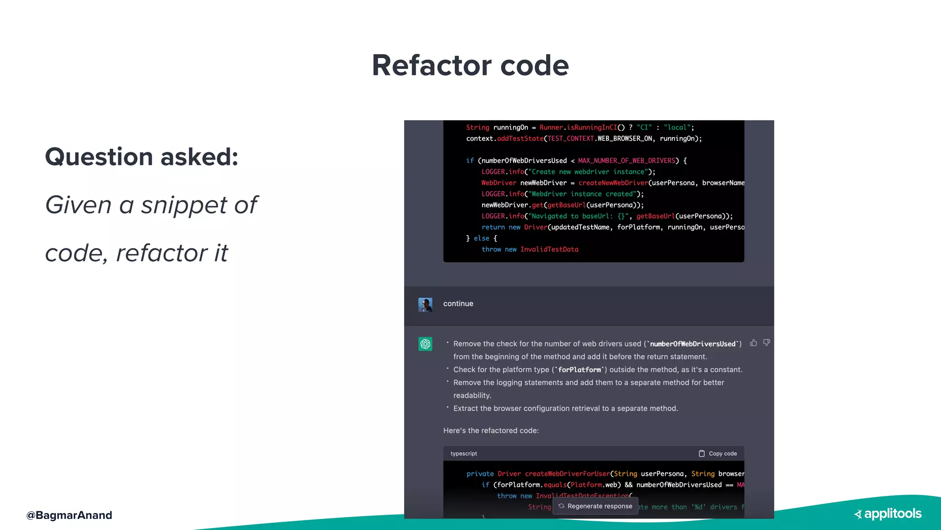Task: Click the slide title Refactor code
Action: coord(470,65)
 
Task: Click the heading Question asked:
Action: coord(142,157)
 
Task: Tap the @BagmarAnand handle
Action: coord(69,515)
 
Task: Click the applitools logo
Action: coord(888,514)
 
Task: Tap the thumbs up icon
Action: coord(754,343)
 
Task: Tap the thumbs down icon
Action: coord(766,343)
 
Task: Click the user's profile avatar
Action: coord(425,305)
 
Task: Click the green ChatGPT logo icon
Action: coord(425,344)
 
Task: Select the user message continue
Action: coord(458,304)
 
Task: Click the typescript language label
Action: coord(464,454)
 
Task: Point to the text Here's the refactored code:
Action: coord(491,431)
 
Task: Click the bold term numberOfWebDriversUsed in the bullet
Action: coord(692,344)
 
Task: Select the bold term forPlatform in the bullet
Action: coord(579,370)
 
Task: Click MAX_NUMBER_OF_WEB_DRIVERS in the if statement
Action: coord(626,161)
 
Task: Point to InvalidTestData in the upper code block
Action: coord(549,249)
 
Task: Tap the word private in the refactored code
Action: coord(480,474)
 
